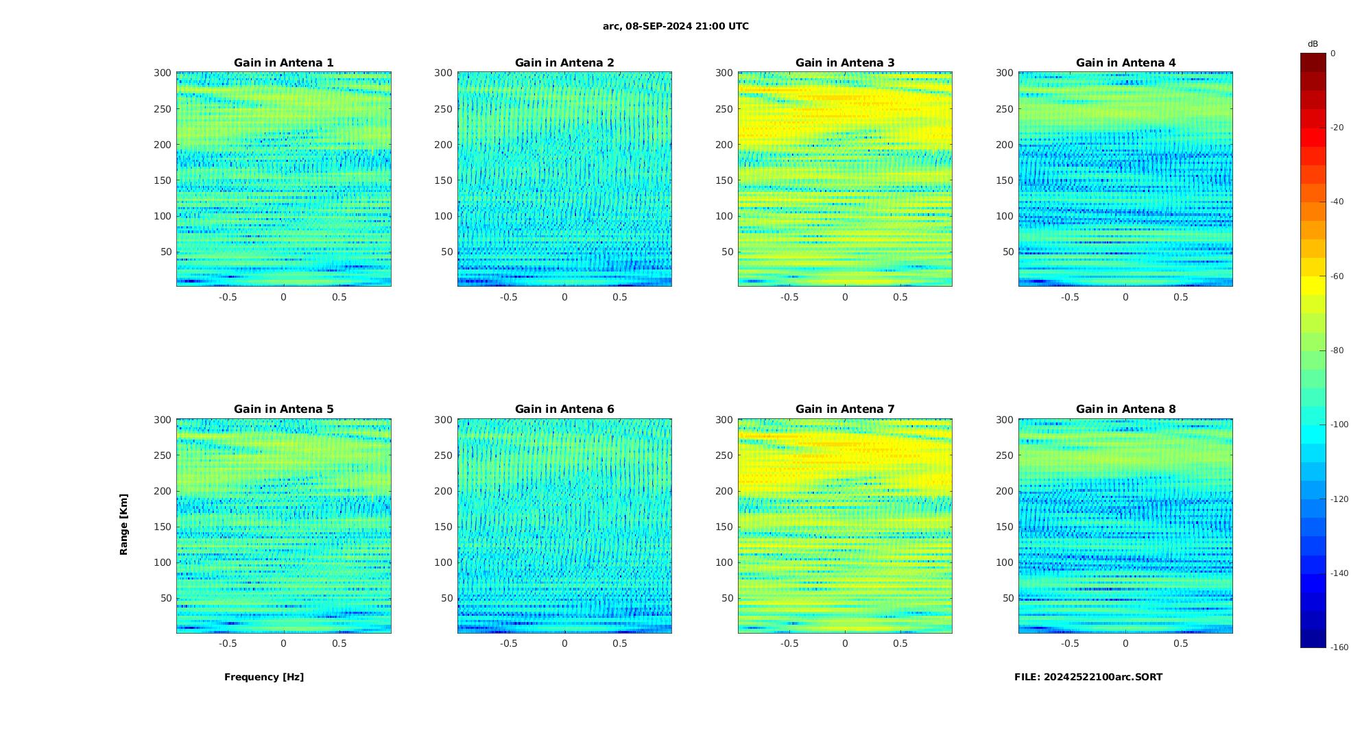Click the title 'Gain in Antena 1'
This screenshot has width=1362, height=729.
pyautogui.click(x=283, y=63)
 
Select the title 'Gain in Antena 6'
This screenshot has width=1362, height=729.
pyautogui.click(x=564, y=409)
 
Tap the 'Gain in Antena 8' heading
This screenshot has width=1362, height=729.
pyautogui.click(x=1125, y=409)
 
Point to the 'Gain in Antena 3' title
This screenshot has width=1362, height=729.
pyautogui.click(x=845, y=63)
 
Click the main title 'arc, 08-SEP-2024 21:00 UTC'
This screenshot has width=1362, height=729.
pyautogui.click(x=676, y=27)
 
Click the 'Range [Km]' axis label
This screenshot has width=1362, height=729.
pyautogui.click(x=124, y=524)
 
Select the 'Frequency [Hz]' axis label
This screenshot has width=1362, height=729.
pyautogui.click(x=264, y=677)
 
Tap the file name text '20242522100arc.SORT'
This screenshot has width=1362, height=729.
pyautogui.click(x=1103, y=677)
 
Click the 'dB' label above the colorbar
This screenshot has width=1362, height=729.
pyautogui.click(x=1313, y=44)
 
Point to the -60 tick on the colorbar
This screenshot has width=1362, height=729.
pyautogui.click(x=1337, y=276)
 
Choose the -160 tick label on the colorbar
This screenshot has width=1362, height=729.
pyautogui.click(x=1339, y=647)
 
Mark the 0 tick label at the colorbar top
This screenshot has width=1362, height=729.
pyautogui.click(x=1333, y=53)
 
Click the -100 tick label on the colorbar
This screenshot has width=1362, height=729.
pyautogui.click(x=1339, y=425)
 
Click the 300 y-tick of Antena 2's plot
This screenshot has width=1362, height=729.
pyautogui.click(x=443, y=73)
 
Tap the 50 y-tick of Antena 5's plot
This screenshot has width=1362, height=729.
pyautogui.click(x=165, y=598)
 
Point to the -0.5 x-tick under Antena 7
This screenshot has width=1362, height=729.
pyautogui.click(x=789, y=643)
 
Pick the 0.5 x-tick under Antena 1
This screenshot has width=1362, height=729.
pyautogui.click(x=339, y=297)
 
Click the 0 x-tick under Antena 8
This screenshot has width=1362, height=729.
pyautogui.click(x=1125, y=643)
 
